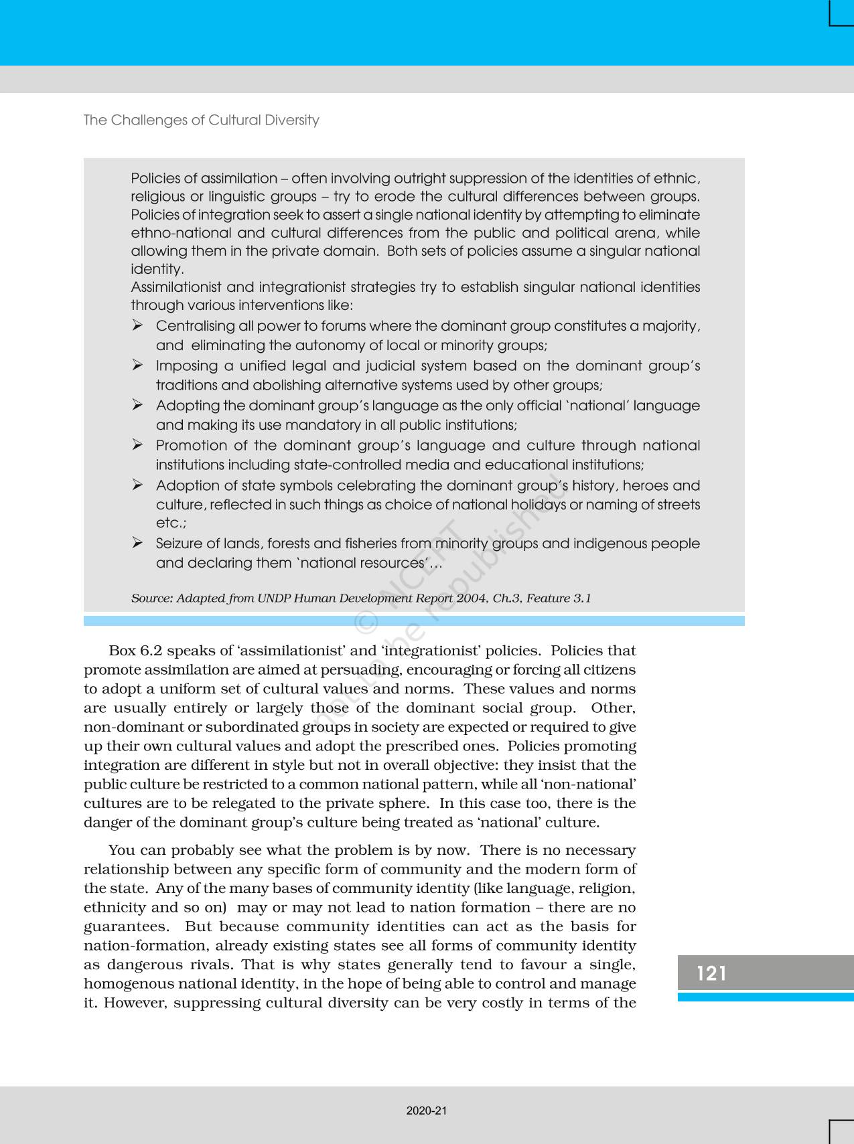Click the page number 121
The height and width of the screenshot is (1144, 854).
tap(711, 973)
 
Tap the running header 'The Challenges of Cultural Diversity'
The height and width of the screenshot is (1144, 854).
tap(201, 120)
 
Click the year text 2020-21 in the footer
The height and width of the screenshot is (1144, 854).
tap(427, 1111)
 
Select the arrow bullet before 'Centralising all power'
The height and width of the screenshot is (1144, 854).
tap(137, 325)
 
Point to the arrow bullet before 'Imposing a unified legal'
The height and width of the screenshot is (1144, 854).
tap(137, 365)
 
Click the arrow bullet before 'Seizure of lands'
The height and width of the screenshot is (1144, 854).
tap(137, 543)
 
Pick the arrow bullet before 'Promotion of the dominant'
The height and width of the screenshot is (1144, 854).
tap(137, 444)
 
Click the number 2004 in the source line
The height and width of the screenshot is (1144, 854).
tap(472, 598)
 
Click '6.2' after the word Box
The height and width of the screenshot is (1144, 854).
tap(151, 651)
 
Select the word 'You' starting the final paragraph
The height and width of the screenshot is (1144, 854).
tap(122, 850)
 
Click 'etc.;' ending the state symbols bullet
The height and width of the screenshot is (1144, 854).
tap(171, 523)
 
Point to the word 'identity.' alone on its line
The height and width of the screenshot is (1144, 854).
tap(157, 269)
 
